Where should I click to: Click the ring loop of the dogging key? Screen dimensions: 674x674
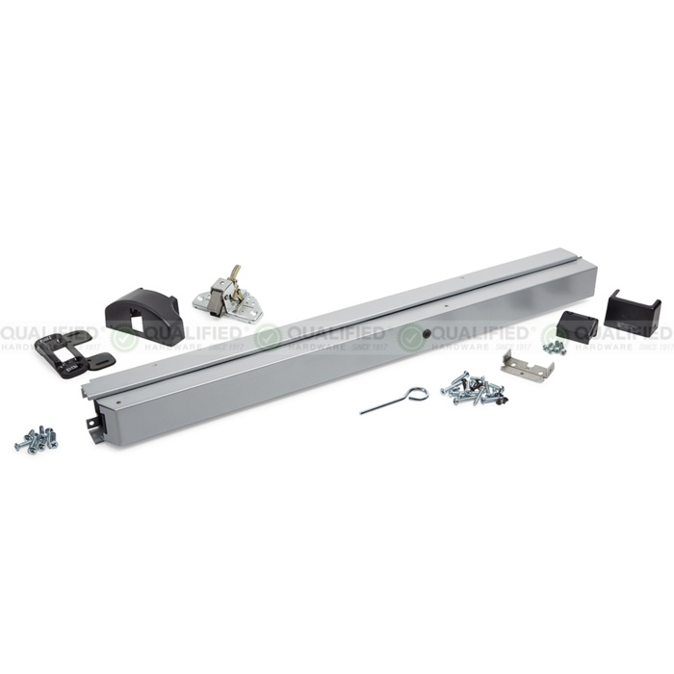(416, 394)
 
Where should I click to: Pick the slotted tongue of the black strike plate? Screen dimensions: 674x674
(96, 361)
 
